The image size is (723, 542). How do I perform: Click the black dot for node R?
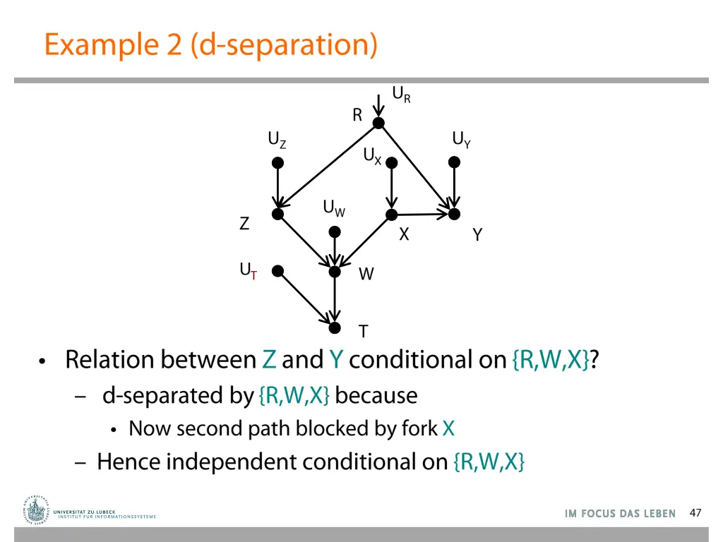click(x=378, y=123)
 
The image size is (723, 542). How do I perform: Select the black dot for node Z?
click(x=277, y=214)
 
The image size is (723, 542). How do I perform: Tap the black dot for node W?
click(x=335, y=272)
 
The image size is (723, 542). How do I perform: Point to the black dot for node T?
click(x=335, y=327)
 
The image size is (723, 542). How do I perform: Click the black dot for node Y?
click(x=454, y=214)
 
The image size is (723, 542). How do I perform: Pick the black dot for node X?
click(x=391, y=215)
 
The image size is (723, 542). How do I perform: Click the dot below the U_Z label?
click(x=277, y=163)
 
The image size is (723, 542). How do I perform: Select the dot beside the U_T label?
click(x=277, y=271)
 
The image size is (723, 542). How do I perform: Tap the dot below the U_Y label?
click(x=454, y=162)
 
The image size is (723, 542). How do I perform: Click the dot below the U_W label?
click(x=335, y=231)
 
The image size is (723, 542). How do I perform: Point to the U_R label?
click(x=401, y=95)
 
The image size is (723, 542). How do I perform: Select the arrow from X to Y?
click(x=423, y=214)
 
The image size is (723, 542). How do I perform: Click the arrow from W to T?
click(x=335, y=299)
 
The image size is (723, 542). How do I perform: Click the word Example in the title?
click(x=102, y=44)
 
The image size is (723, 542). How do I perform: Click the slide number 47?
click(x=695, y=513)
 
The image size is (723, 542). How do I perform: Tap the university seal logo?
click(x=35, y=511)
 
